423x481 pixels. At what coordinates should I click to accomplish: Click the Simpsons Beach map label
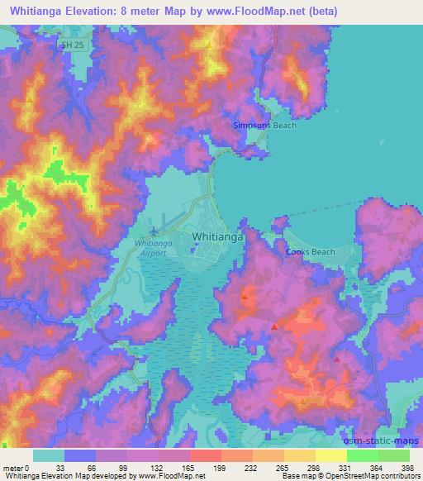pyautogui.click(x=263, y=125)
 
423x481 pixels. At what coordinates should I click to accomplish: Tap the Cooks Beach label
pyautogui.click(x=310, y=252)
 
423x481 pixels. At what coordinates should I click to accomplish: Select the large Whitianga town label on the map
pyautogui.click(x=217, y=236)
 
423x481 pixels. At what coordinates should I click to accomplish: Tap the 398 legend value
pyautogui.click(x=407, y=468)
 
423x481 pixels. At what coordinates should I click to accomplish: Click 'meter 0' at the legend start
pyautogui.click(x=17, y=468)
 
